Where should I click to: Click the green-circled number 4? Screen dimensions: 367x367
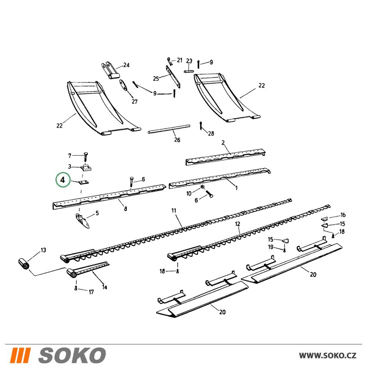[x=63, y=180]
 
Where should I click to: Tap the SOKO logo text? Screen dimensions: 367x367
[x=72, y=355]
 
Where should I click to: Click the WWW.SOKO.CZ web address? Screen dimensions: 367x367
[x=328, y=355]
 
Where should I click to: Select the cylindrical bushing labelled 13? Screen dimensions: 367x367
[x=24, y=264]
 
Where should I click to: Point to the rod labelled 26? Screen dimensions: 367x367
[x=169, y=129]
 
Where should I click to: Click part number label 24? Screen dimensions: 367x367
[x=126, y=65]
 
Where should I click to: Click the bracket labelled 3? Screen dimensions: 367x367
[x=86, y=168]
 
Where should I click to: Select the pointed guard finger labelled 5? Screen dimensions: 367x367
[x=83, y=220]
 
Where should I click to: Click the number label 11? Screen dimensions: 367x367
[x=174, y=210]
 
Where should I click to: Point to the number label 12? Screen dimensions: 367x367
[x=237, y=224]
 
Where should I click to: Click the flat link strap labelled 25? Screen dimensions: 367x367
[x=173, y=76]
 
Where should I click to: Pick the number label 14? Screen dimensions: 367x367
[x=104, y=287]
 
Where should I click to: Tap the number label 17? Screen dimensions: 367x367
[x=91, y=292]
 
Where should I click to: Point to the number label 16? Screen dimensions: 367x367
[x=343, y=215]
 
